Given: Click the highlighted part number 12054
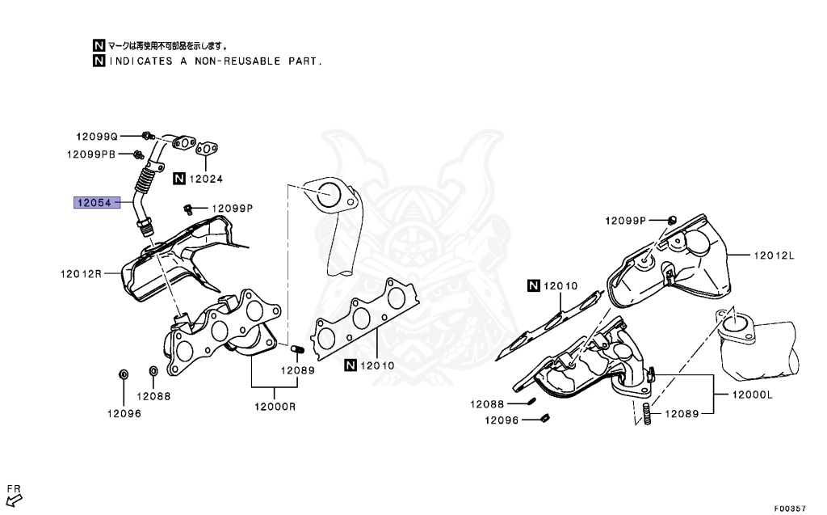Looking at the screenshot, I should click(x=94, y=202).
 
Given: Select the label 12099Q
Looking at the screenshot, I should click(x=98, y=137).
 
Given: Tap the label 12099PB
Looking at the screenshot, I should click(x=91, y=154).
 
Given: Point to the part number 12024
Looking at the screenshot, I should click(x=206, y=179).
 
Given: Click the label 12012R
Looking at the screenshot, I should click(x=81, y=273).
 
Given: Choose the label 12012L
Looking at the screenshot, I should click(x=775, y=255).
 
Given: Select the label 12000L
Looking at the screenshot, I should click(x=753, y=395).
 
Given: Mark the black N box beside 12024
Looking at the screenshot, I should click(x=179, y=179).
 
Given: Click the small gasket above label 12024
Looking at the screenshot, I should click(x=209, y=148).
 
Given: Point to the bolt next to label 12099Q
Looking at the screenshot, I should click(x=146, y=134).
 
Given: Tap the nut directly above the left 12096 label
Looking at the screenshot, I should click(x=124, y=374).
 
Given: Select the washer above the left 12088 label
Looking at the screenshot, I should click(x=153, y=371).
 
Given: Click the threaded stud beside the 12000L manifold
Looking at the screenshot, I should click(x=648, y=415).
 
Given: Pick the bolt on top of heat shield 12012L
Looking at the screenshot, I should click(x=671, y=220).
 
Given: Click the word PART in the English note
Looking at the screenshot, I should click(x=304, y=61).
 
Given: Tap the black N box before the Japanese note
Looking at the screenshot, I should click(x=99, y=45).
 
